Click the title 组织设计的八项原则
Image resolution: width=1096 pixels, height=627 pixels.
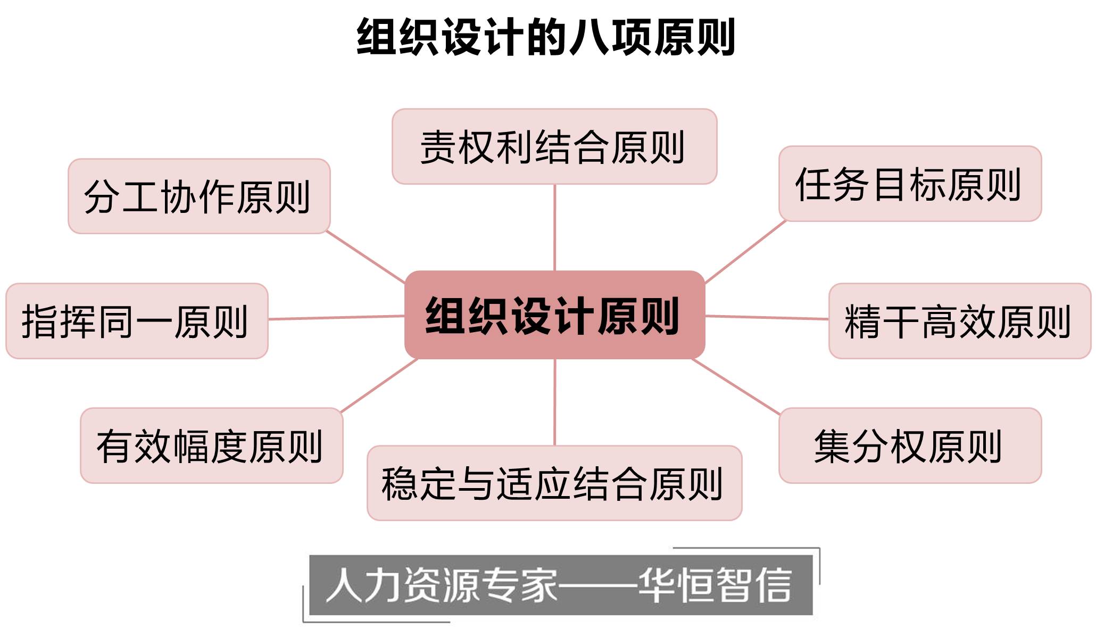(546, 37)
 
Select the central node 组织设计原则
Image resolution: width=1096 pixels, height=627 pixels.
(554, 315)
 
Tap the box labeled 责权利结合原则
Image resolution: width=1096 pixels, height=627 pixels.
(554, 147)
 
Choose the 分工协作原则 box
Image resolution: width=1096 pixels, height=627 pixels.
(199, 196)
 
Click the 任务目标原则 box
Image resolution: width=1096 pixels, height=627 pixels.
(910, 184)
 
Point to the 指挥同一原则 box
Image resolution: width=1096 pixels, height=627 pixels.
(137, 321)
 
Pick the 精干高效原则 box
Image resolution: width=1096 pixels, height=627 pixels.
(960, 321)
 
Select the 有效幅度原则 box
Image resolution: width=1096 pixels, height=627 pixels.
(211, 446)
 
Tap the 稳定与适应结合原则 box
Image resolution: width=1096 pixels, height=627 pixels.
(554, 483)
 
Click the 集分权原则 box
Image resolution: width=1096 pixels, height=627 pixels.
(910, 446)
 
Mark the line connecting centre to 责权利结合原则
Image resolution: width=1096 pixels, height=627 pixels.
(554, 228)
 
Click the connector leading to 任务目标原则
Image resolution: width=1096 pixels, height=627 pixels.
(745, 252)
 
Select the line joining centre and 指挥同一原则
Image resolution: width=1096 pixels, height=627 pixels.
(336, 318)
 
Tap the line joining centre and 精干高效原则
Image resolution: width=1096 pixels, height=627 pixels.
(767, 317)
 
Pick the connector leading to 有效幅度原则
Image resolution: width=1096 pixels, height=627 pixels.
(379, 385)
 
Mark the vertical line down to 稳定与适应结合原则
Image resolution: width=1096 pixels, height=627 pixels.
(554, 402)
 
